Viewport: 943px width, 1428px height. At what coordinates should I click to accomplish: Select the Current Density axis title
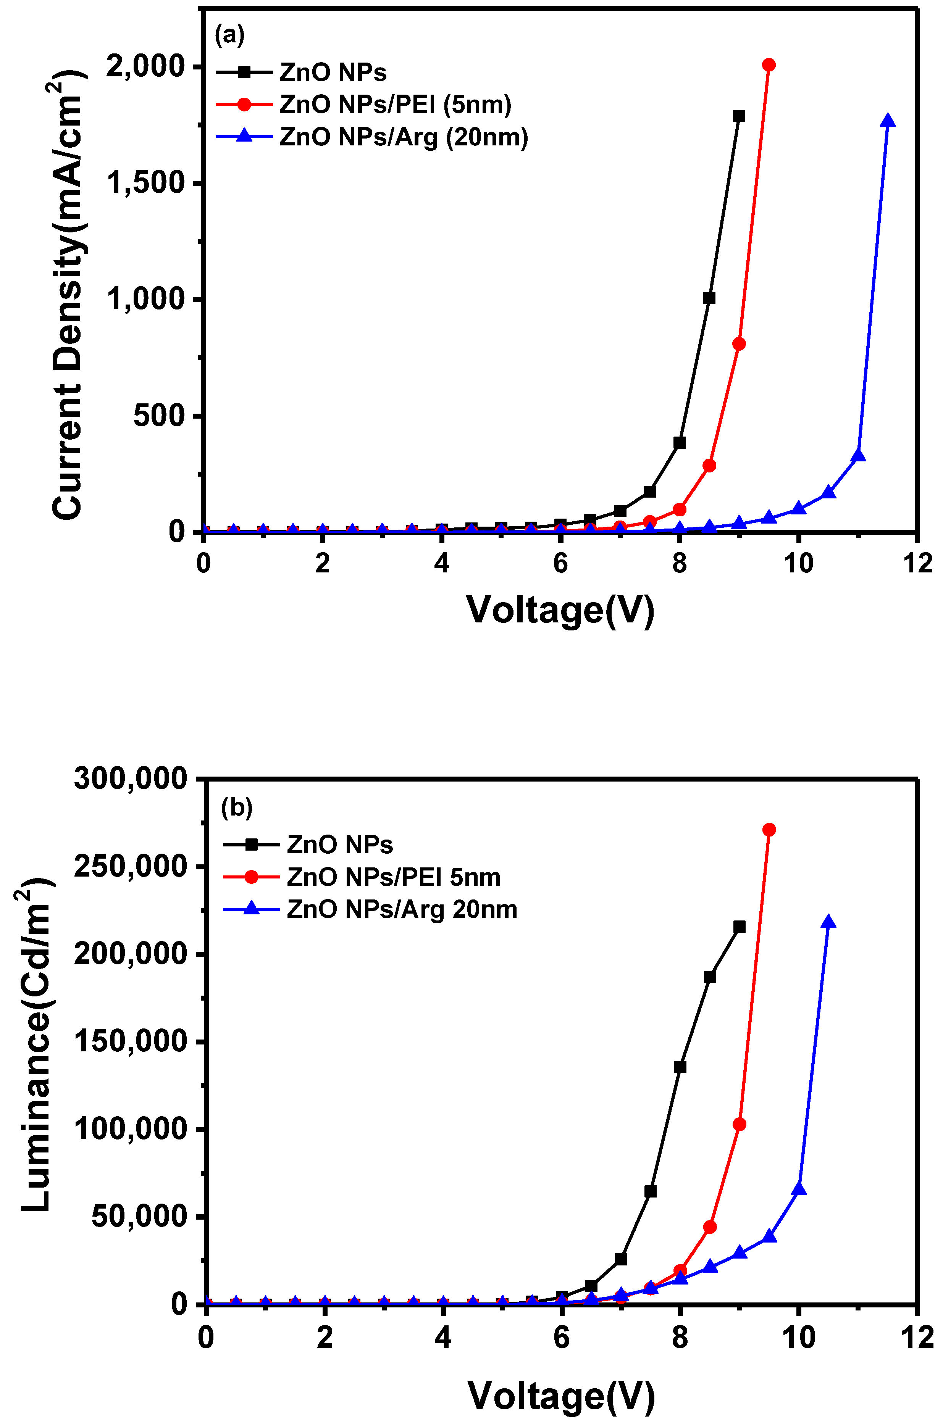pyautogui.click(x=67, y=295)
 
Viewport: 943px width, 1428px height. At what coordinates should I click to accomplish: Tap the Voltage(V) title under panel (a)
pyautogui.click(x=560, y=610)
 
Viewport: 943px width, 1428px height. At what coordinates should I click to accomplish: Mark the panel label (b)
pyautogui.click(x=236, y=808)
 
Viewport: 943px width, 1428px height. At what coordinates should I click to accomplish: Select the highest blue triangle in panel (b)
pyautogui.click(x=828, y=922)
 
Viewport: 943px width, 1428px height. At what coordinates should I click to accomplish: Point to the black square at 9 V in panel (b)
pyautogui.click(x=739, y=927)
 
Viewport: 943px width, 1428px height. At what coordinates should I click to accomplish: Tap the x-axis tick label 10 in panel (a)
pyautogui.click(x=798, y=564)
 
